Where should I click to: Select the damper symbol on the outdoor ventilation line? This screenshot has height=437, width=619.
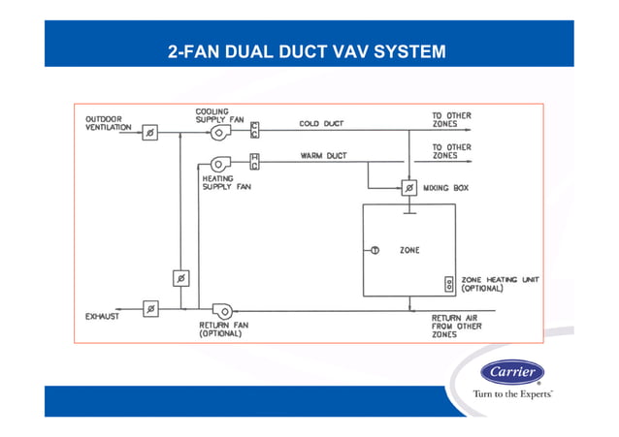(x=150, y=133)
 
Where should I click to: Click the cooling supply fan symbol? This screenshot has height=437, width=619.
(x=221, y=132)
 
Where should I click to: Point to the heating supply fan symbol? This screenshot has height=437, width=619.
(x=220, y=163)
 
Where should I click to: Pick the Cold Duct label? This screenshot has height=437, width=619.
(x=321, y=124)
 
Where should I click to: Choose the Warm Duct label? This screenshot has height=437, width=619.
(x=323, y=155)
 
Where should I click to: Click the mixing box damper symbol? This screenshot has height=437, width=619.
(x=408, y=187)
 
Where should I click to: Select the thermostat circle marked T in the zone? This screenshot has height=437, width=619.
(x=374, y=250)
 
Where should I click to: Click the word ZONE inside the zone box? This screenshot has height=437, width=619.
(x=409, y=250)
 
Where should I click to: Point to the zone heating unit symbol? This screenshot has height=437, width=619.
(x=448, y=284)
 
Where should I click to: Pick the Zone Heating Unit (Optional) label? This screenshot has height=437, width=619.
(x=500, y=284)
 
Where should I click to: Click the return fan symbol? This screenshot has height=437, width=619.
(x=222, y=310)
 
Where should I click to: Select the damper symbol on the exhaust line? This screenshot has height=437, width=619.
(x=150, y=309)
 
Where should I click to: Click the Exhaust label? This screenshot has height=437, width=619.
(x=102, y=317)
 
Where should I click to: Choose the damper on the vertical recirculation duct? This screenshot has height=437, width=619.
(x=179, y=279)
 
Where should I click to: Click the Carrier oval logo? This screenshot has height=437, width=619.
(x=512, y=373)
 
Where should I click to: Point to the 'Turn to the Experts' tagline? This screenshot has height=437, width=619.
(x=512, y=394)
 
